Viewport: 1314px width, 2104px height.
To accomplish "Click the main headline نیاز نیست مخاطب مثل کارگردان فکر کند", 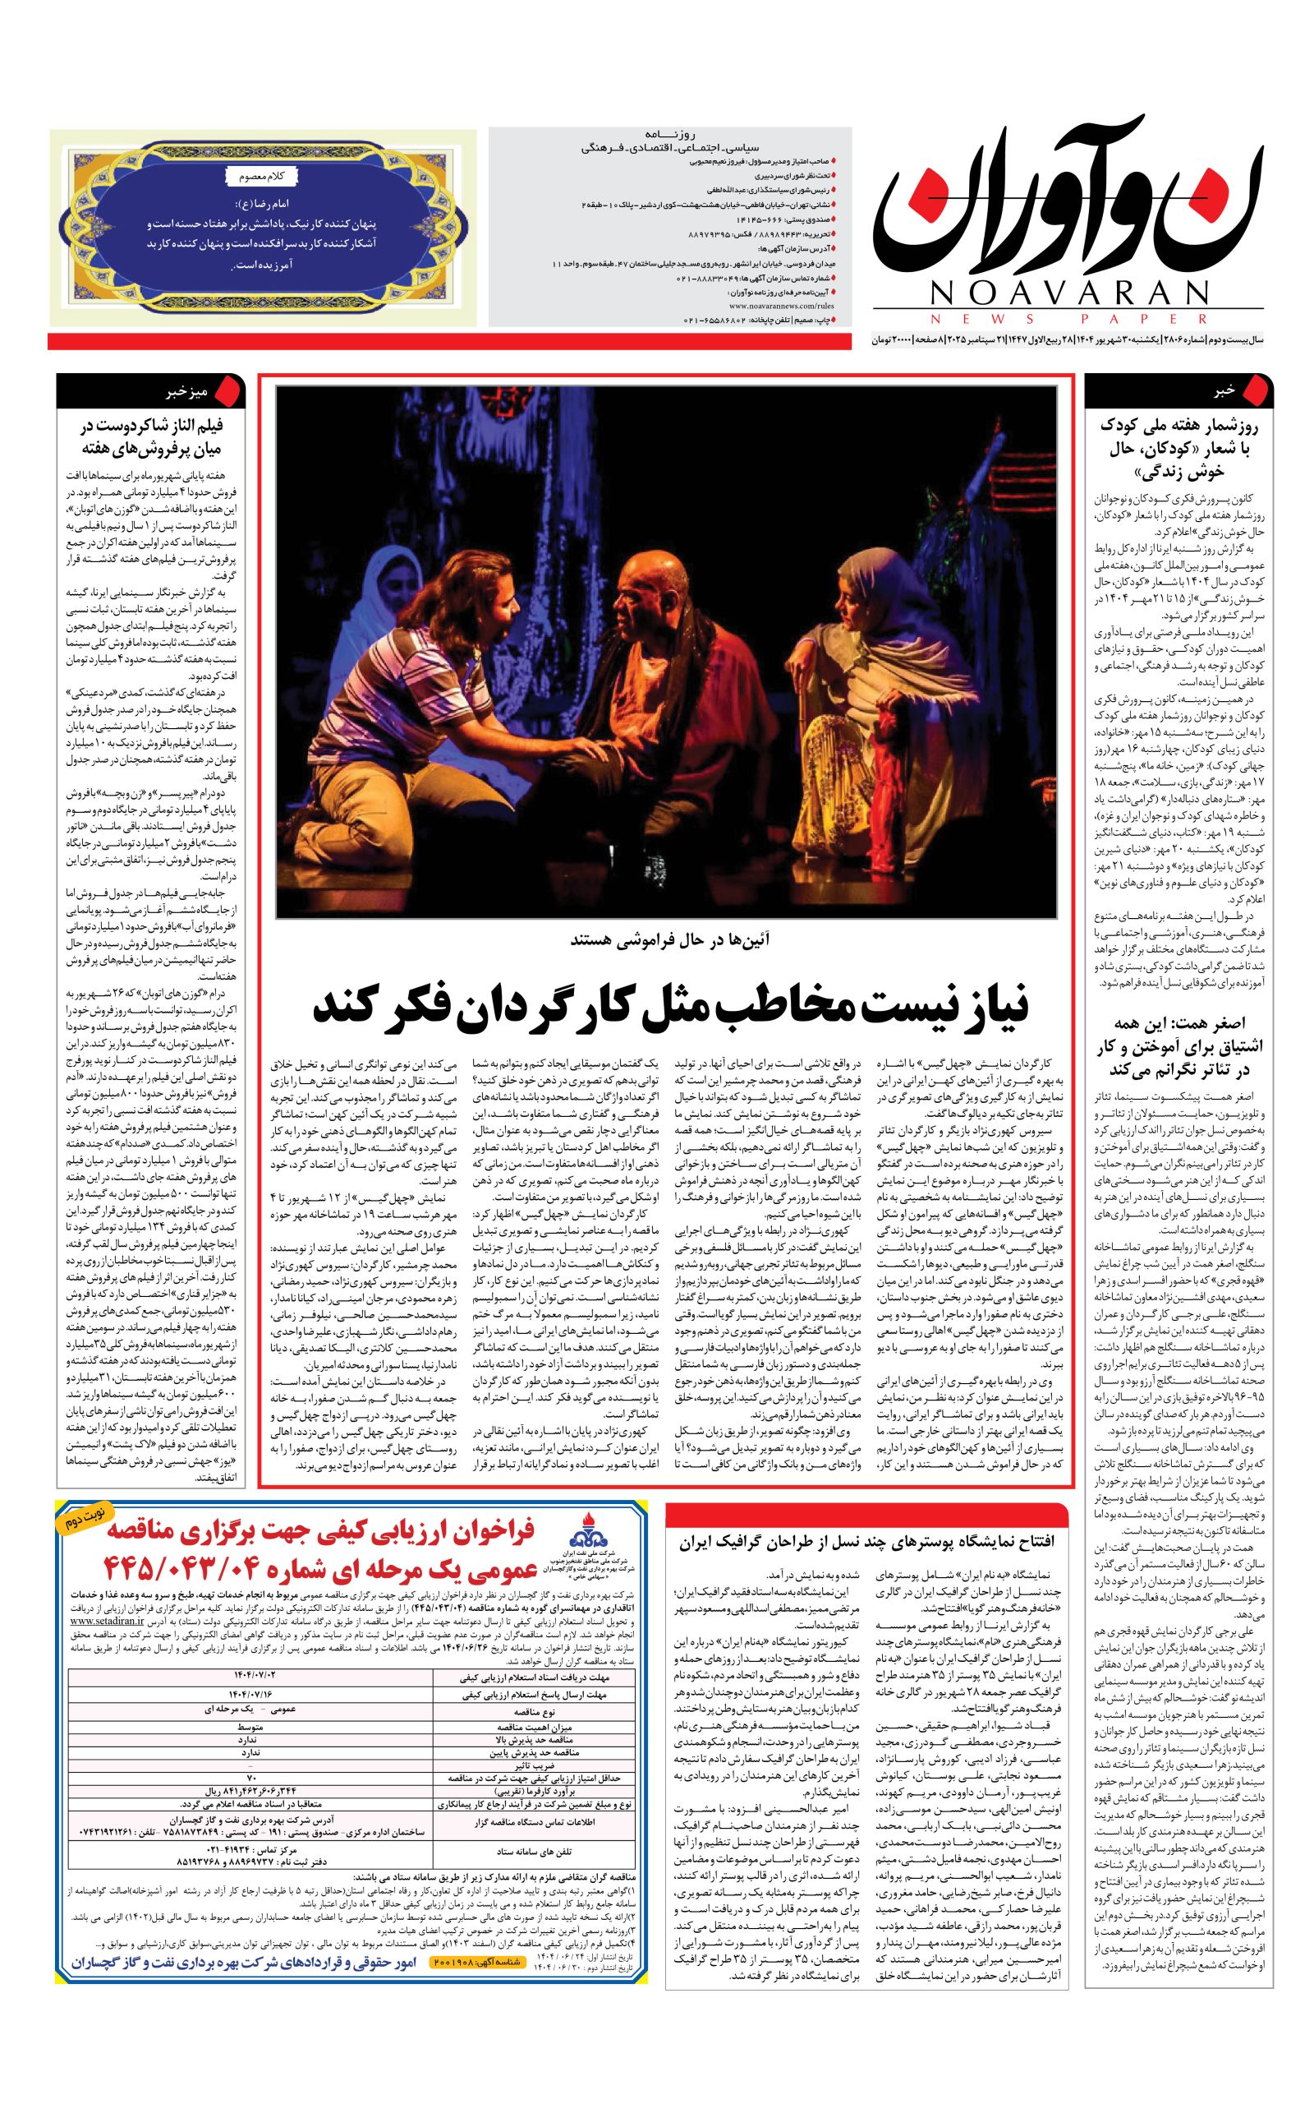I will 670,1006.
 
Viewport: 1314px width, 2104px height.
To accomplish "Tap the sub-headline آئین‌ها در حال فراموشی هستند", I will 669,940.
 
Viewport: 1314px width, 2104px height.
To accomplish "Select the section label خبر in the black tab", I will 1224,391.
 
